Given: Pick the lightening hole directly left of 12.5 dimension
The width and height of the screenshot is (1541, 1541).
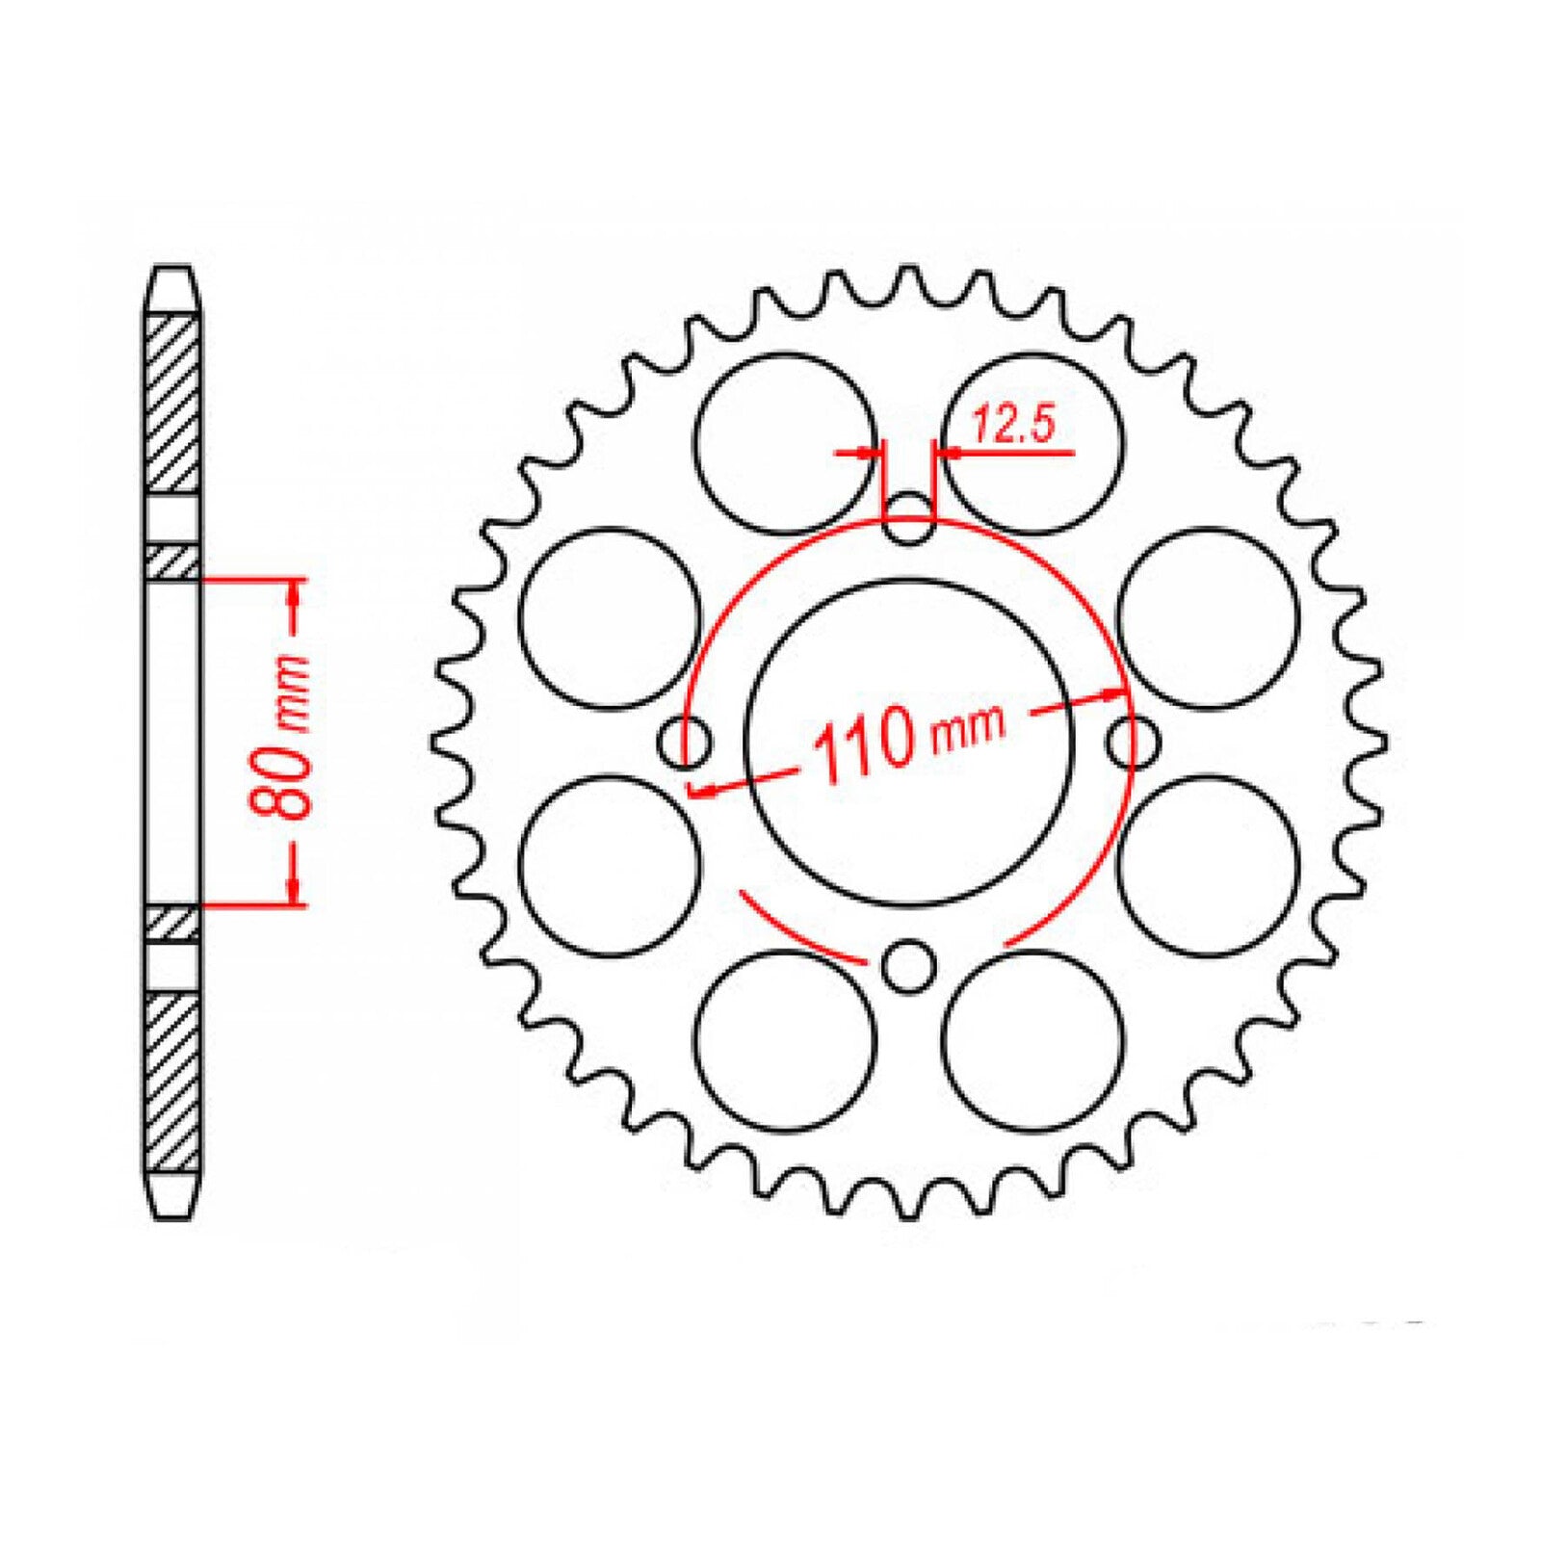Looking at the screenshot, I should click(786, 443).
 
